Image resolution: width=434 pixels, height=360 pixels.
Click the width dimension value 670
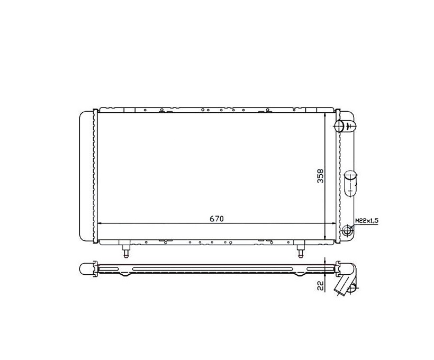click(x=216, y=219)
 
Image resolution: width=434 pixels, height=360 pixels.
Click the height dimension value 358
click(x=320, y=176)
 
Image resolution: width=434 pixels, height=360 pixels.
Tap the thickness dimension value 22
click(x=320, y=285)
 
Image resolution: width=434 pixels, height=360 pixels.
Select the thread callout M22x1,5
click(x=366, y=221)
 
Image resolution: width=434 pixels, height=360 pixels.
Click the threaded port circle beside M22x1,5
click(x=347, y=230)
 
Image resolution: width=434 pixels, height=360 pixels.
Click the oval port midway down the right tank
click(x=350, y=184)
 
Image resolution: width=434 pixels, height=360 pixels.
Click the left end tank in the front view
click(x=86, y=176)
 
